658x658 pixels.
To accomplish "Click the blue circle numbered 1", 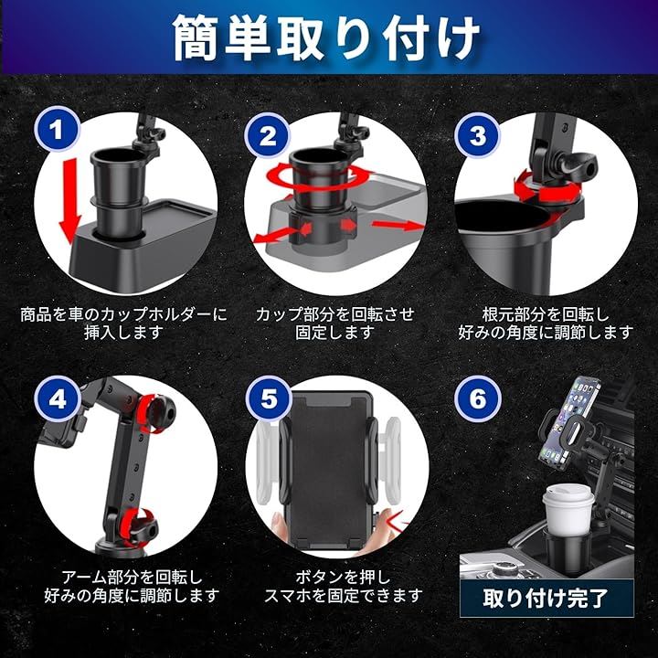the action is pyautogui.click(x=58, y=129).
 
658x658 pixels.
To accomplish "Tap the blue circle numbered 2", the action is pyautogui.click(x=269, y=135).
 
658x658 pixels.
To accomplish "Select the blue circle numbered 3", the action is pyautogui.click(x=478, y=135).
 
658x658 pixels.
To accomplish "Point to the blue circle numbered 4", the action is pyautogui.click(x=58, y=398).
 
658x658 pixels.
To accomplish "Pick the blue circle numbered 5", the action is pyautogui.click(x=269, y=398).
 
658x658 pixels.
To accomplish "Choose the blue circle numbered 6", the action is pyautogui.click(x=478, y=398).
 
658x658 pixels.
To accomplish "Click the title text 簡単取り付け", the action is pyautogui.click(x=326, y=37).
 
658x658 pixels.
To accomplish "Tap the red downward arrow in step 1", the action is pyautogui.click(x=70, y=200).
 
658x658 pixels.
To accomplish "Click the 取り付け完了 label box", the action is pyautogui.click(x=547, y=599).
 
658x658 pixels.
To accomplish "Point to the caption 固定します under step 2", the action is pyautogui.click(x=334, y=333).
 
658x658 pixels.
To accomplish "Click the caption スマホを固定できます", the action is pyautogui.click(x=343, y=596).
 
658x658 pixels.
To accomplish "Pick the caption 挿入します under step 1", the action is pyautogui.click(x=123, y=333).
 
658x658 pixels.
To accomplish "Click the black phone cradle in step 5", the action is pyautogui.click(x=328, y=472).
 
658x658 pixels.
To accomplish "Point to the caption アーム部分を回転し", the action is pyautogui.click(x=132, y=578).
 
